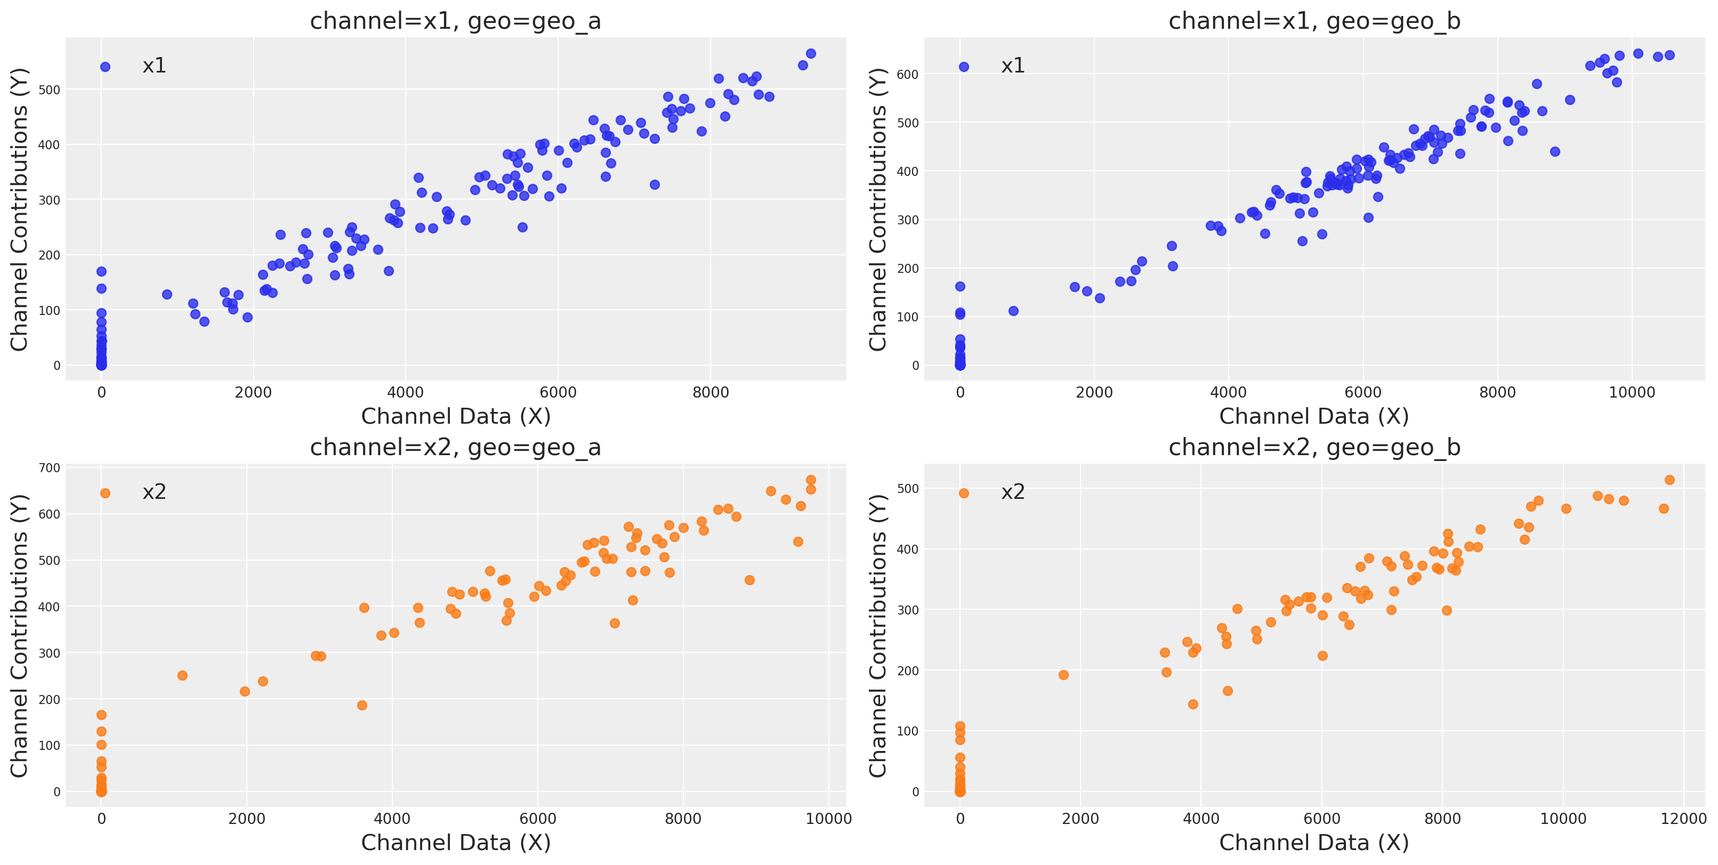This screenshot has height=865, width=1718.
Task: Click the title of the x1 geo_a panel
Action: click(x=456, y=21)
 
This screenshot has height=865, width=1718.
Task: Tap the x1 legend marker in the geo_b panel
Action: click(x=964, y=67)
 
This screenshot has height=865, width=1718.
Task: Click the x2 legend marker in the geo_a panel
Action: click(x=104, y=494)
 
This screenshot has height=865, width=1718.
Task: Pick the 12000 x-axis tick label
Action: click(x=1683, y=819)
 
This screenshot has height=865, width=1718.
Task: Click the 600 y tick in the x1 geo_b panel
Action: click(x=908, y=74)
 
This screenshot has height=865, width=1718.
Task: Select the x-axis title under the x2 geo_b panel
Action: click(x=1314, y=843)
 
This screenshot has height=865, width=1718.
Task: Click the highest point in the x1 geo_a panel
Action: click(x=811, y=53)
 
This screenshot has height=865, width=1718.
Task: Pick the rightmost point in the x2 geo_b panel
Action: click(x=1669, y=480)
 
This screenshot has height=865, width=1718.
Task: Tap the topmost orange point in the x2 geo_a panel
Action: click(x=811, y=480)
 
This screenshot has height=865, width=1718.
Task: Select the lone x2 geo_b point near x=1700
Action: click(x=1063, y=675)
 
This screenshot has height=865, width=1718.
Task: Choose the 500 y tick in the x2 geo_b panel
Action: click(x=908, y=489)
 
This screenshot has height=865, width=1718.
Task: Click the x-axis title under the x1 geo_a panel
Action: click(x=456, y=417)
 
